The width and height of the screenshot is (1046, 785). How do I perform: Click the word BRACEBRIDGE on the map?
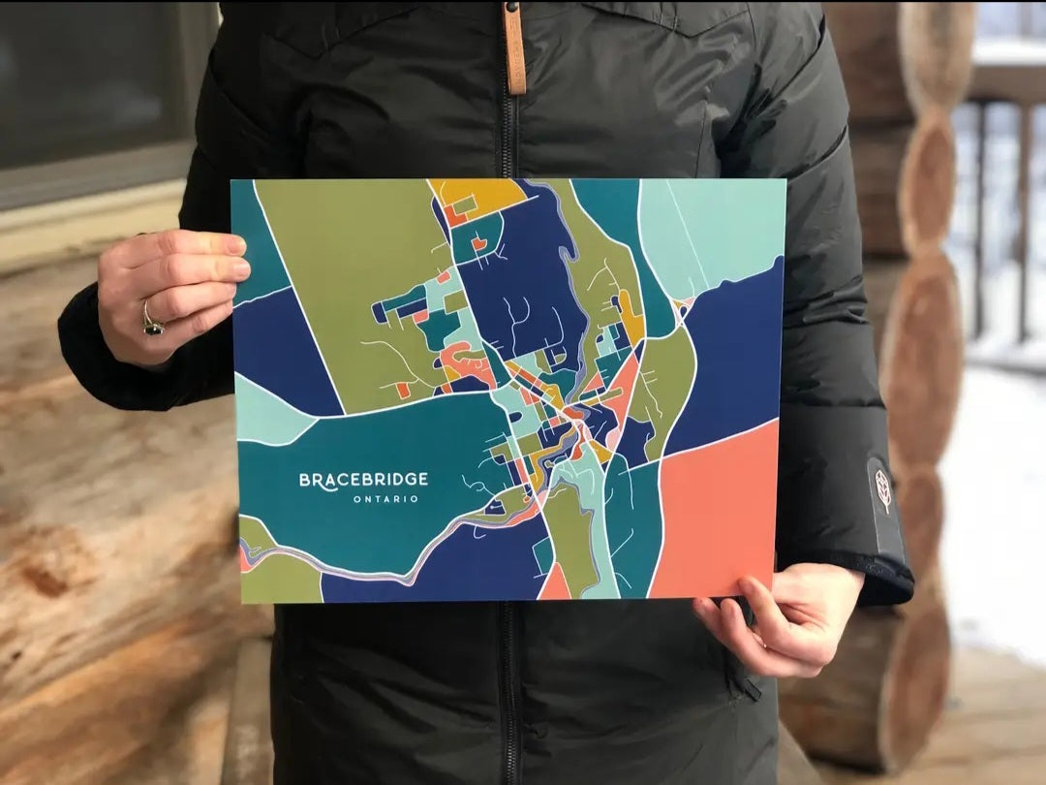coord(363,479)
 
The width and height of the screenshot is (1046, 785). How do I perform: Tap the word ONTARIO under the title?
coord(385,499)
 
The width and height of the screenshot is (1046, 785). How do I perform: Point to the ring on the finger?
coord(151,320)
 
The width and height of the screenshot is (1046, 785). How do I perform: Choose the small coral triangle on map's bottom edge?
coord(556,584)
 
